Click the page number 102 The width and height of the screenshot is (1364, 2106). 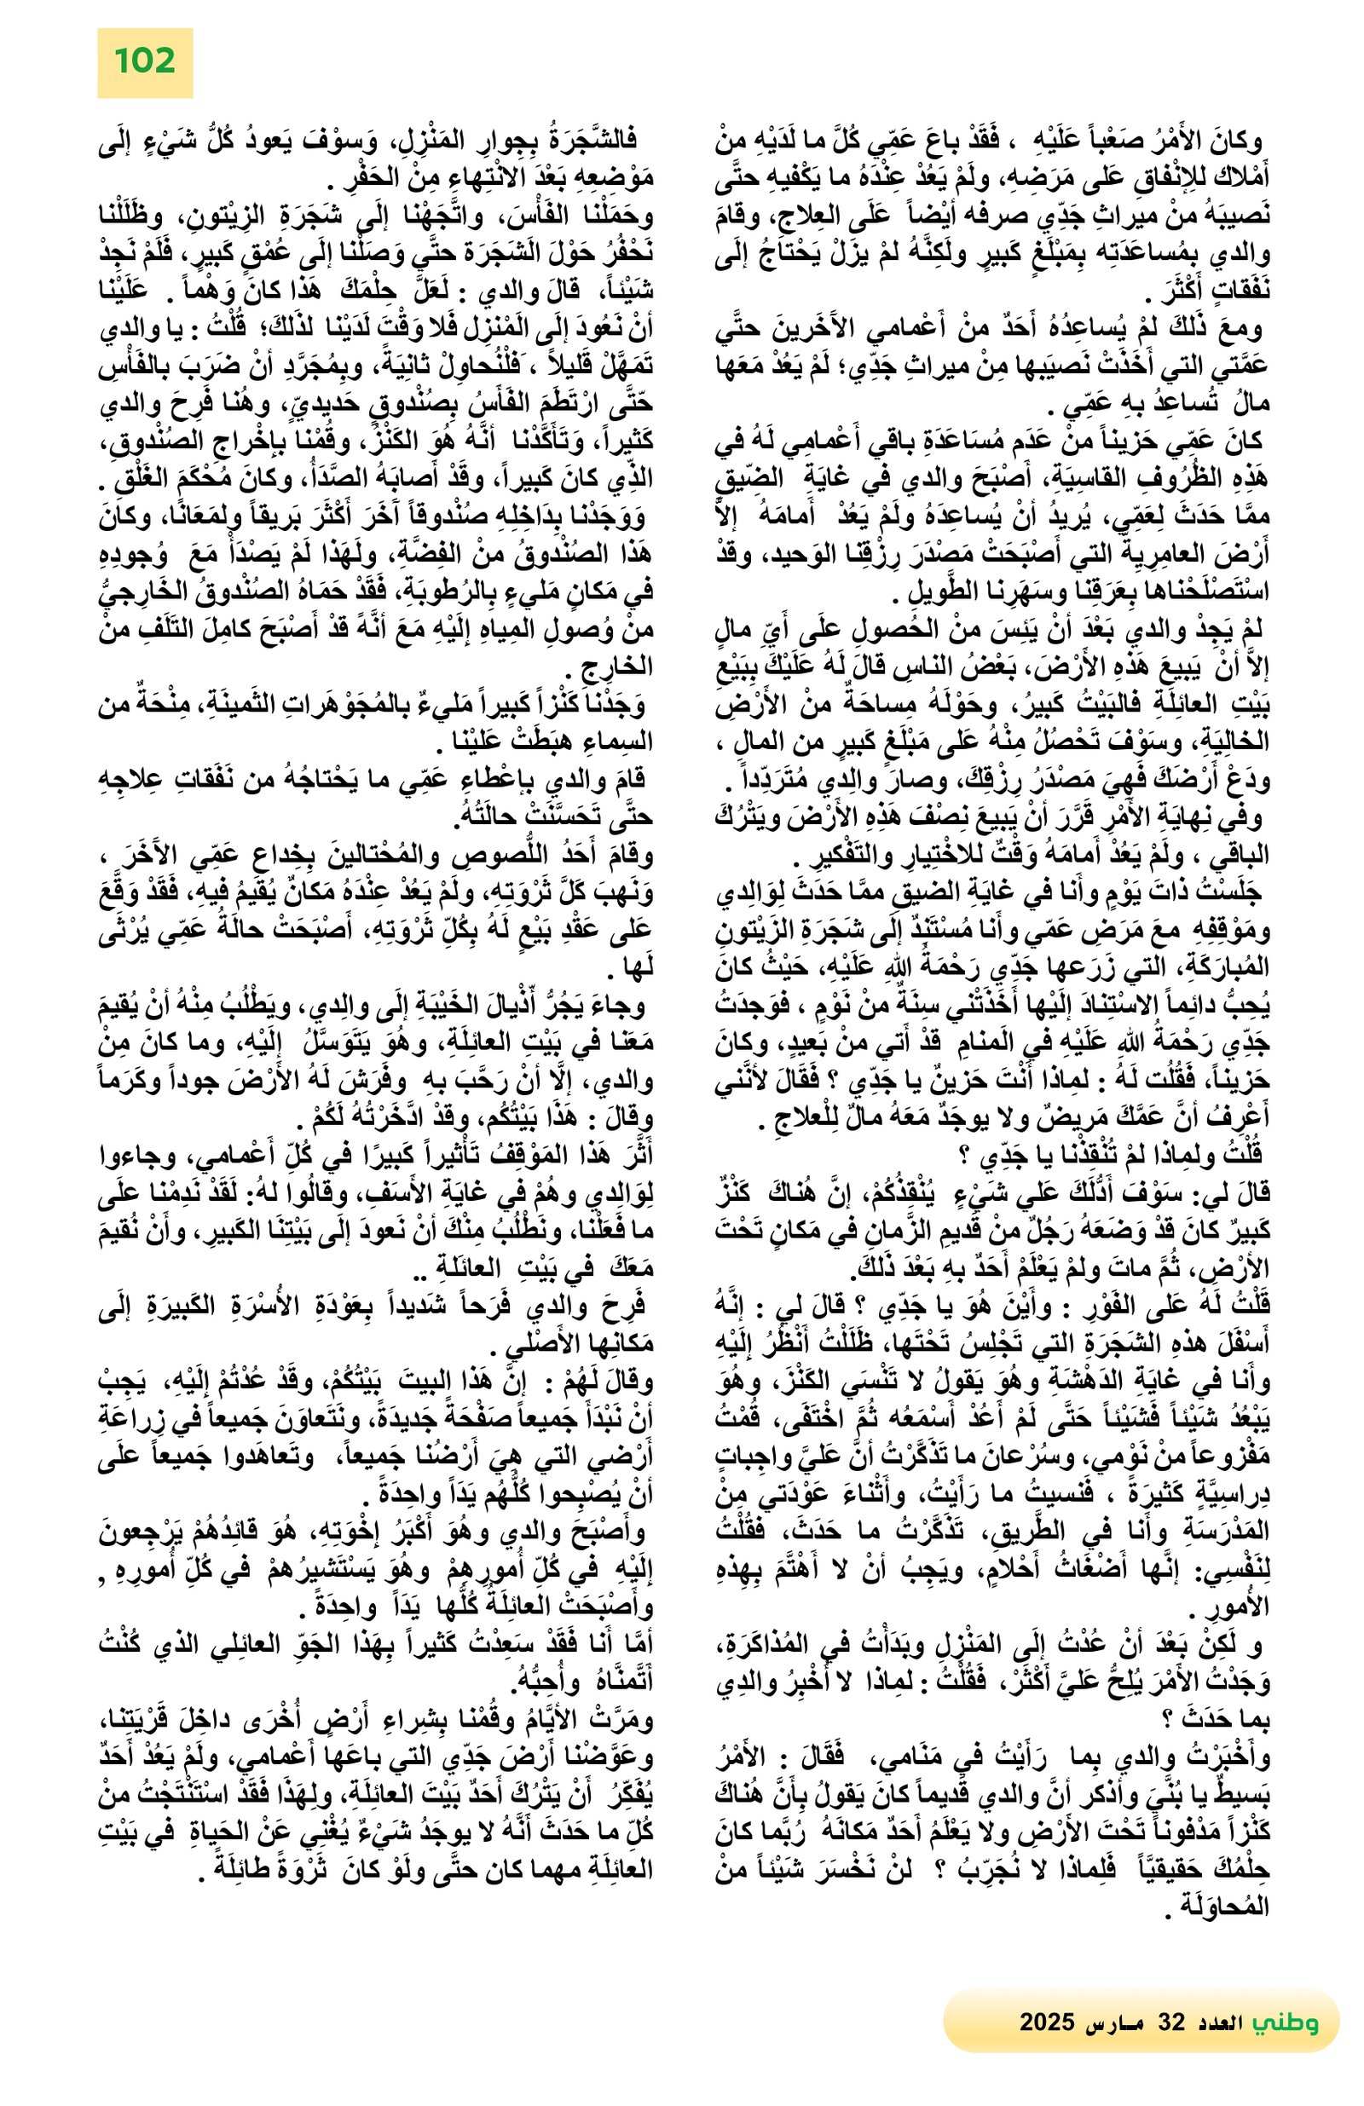coord(144,61)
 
